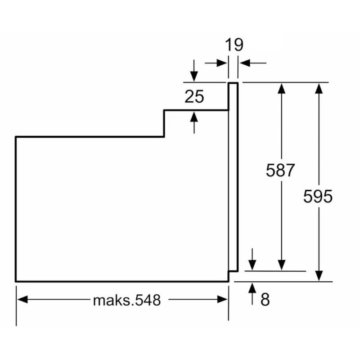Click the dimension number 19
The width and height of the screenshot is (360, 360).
pyautogui.click(x=234, y=45)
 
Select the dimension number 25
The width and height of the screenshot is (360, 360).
pyautogui.click(x=194, y=96)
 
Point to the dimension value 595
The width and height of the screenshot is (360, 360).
pyautogui.click(x=318, y=197)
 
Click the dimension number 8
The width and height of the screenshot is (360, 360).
pyautogui.click(x=265, y=299)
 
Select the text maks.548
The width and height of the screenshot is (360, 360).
pyautogui.click(x=126, y=300)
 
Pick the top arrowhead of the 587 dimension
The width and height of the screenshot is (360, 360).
pyautogui.click(x=282, y=88)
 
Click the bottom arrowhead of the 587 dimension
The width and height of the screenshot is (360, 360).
pyautogui.click(x=282, y=266)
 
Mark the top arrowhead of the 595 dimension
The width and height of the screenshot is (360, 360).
pyautogui.click(x=319, y=88)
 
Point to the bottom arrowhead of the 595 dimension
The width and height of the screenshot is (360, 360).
pyautogui.click(x=319, y=276)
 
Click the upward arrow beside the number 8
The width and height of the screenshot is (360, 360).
pyautogui.click(x=252, y=288)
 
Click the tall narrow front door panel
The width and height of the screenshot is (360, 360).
pyautogui.click(x=233, y=175)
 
